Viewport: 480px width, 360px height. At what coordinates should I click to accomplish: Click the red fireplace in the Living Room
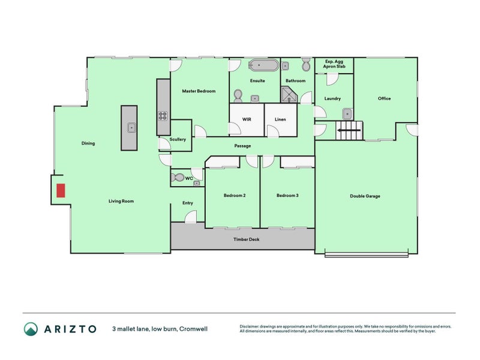pos(61,190)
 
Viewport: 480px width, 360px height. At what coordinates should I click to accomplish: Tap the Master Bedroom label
pos(199,91)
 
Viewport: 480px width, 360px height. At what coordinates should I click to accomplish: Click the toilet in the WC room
pos(178,178)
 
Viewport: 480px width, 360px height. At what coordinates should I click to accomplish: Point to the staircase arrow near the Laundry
pos(346,129)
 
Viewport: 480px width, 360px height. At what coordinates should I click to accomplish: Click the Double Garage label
pos(365,196)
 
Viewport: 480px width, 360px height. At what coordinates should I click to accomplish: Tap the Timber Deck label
pos(246,239)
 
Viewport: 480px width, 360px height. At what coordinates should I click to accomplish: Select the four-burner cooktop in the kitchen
pos(163,116)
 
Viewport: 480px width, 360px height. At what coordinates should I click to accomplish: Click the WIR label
pos(247,119)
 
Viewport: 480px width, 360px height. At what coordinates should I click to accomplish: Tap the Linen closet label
pos(280,119)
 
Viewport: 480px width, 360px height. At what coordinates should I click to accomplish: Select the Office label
pos(384,98)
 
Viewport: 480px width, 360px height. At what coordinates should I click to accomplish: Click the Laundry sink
pos(347,113)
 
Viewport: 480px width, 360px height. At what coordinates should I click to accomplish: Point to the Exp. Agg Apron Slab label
pos(334,64)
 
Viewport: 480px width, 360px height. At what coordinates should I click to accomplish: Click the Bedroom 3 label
pos(287,196)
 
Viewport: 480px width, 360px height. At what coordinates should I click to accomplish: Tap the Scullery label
pos(178,139)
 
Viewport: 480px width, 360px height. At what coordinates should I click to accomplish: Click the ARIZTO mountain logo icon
pos(31,328)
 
